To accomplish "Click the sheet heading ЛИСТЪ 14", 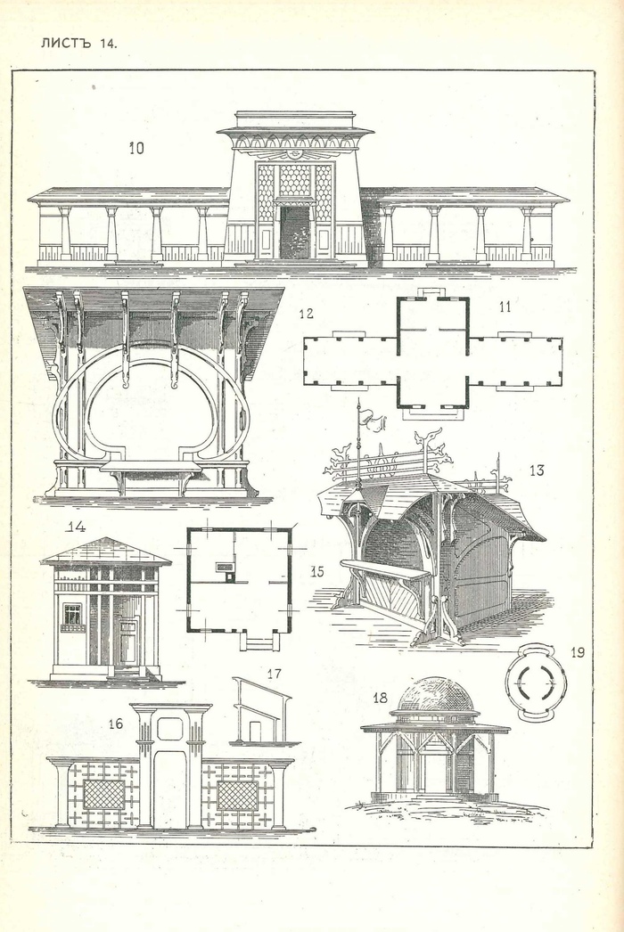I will tap(78, 43).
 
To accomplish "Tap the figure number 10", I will tap(135, 148).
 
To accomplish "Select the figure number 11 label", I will tap(505, 307).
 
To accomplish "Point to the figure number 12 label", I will tap(306, 313).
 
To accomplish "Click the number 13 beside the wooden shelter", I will tap(537, 470).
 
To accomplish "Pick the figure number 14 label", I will tap(76, 527).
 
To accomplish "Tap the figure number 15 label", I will tap(317, 571).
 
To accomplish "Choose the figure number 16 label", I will tap(116, 724).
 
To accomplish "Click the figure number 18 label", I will tap(381, 697).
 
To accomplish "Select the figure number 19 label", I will tap(578, 652).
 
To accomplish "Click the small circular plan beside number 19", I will tap(536, 683).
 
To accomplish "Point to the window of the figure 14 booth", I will tap(72, 614).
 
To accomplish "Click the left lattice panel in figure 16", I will tap(103, 794).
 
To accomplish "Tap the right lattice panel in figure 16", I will tap(237, 794).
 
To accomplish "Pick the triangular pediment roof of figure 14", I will tap(105, 551).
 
